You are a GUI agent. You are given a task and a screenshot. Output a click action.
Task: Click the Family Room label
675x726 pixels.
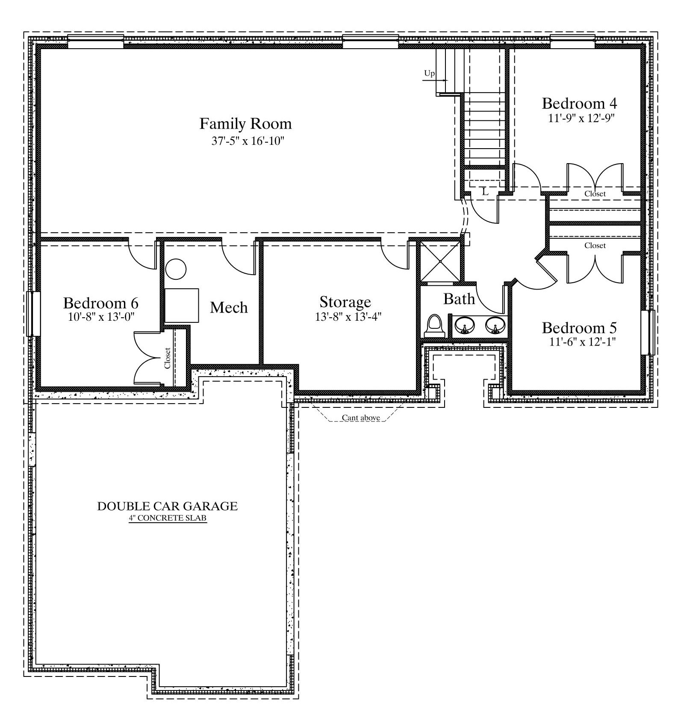(x=245, y=124)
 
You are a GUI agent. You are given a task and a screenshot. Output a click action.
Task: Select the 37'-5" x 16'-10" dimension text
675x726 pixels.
(x=248, y=141)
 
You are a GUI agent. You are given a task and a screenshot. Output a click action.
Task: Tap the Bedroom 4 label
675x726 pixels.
(x=579, y=103)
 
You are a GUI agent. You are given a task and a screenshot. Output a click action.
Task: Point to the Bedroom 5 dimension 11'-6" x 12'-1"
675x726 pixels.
(x=582, y=342)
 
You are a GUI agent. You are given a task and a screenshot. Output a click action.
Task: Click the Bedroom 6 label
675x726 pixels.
(x=101, y=303)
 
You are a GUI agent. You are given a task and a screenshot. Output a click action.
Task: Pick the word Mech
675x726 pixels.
(x=229, y=307)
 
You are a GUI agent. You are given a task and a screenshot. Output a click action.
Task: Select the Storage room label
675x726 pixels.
(x=345, y=302)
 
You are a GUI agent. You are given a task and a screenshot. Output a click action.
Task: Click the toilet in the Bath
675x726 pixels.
(x=435, y=326)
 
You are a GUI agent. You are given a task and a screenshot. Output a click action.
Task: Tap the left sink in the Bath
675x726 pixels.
(x=463, y=325)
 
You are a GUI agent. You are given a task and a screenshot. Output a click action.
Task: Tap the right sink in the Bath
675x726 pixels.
(x=495, y=325)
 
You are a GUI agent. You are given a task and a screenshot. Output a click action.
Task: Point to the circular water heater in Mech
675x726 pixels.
(x=176, y=269)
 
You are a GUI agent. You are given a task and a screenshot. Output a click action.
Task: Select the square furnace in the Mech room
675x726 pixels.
(x=182, y=305)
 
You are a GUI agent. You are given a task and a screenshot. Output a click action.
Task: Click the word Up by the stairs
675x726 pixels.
(x=429, y=73)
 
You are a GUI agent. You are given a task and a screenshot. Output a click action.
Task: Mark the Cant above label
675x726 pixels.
(x=361, y=418)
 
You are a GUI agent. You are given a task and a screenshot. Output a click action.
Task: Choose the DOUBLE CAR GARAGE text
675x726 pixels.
(x=168, y=506)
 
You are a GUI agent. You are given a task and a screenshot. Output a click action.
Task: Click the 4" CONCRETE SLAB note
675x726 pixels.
(x=168, y=518)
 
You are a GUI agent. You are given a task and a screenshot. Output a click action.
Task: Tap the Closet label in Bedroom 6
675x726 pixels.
(x=167, y=358)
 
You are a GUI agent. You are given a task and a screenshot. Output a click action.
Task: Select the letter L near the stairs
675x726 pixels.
(x=485, y=192)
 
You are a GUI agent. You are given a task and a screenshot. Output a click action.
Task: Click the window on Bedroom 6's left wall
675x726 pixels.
(x=33, y=313)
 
